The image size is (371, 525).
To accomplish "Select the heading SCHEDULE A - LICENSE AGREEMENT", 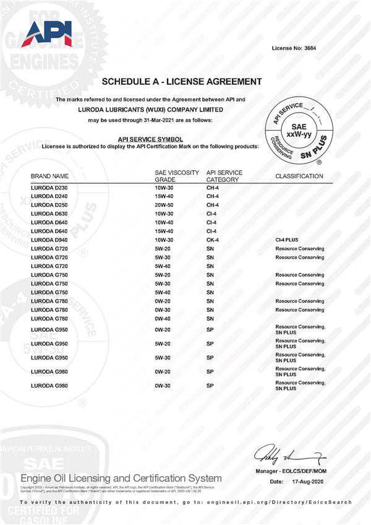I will [x=181, y=82].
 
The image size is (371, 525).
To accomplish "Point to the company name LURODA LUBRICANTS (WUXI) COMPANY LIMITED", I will [x=151, y=110].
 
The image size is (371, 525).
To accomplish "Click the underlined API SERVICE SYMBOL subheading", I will [x=150, y=139].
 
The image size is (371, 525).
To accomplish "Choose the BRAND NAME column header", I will [x=49, y=176].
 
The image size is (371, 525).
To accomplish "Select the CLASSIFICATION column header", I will [x=299, y=176].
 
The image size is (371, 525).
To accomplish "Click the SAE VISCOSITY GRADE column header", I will [x=177, y=176].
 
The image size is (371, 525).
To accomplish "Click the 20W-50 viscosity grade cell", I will [x=164, y=204].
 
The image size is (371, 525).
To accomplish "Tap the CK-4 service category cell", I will [x=213, y=240].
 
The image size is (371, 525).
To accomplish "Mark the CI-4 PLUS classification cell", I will [x=288, y=240].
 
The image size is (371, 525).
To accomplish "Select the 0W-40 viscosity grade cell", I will [x=164, y=318].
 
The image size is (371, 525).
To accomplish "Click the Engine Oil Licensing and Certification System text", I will [x=121, y=478].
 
